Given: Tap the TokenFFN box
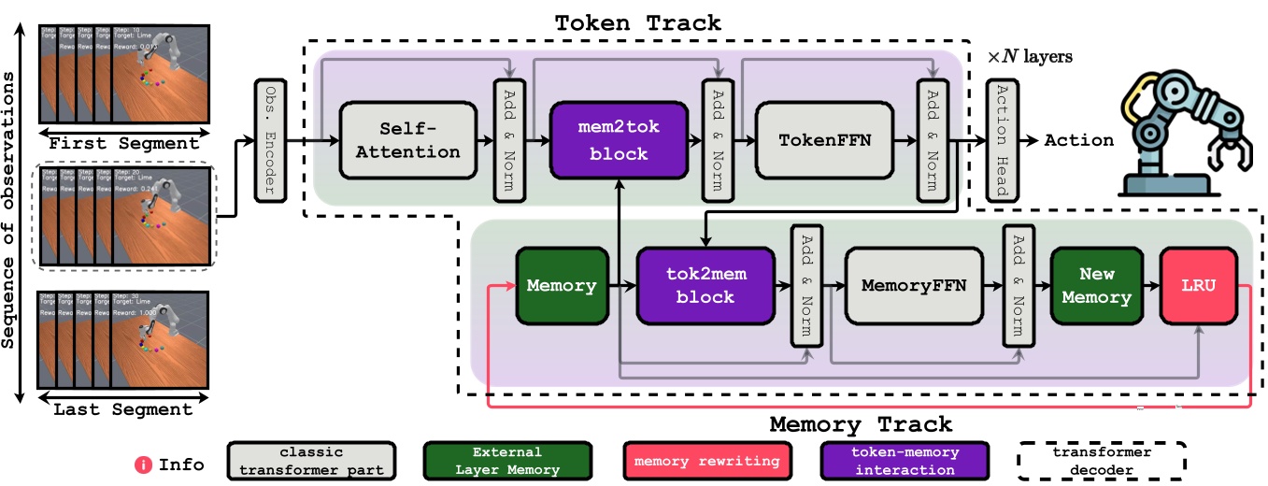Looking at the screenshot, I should click(x=825, y=139).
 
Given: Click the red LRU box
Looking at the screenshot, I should click(x=1197, y=285).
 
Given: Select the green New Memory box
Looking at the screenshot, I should click(x=1096, y=285).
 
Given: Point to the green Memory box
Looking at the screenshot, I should click(x=561, y=285).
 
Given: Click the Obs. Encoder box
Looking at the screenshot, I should click(x=270, y=140).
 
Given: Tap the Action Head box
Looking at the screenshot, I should click(x=999, y=140).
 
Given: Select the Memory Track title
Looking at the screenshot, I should click(x=861, y=424).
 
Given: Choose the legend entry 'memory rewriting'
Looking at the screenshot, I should click(x=706, y=461).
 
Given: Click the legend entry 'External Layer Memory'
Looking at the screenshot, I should click(x=506, y=461).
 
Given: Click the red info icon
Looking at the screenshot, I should click(x=145, y=463).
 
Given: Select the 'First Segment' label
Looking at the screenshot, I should click(x=123, y=143).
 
